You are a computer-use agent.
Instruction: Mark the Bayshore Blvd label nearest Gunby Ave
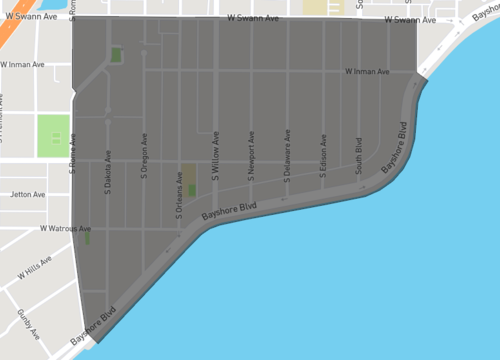point(94,329)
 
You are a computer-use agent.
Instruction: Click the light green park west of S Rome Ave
point(53,136)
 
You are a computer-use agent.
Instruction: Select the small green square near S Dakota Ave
point(117,55)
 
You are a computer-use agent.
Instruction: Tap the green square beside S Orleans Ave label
point(192,189)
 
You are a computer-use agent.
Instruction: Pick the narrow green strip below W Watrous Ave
point(87,238)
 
